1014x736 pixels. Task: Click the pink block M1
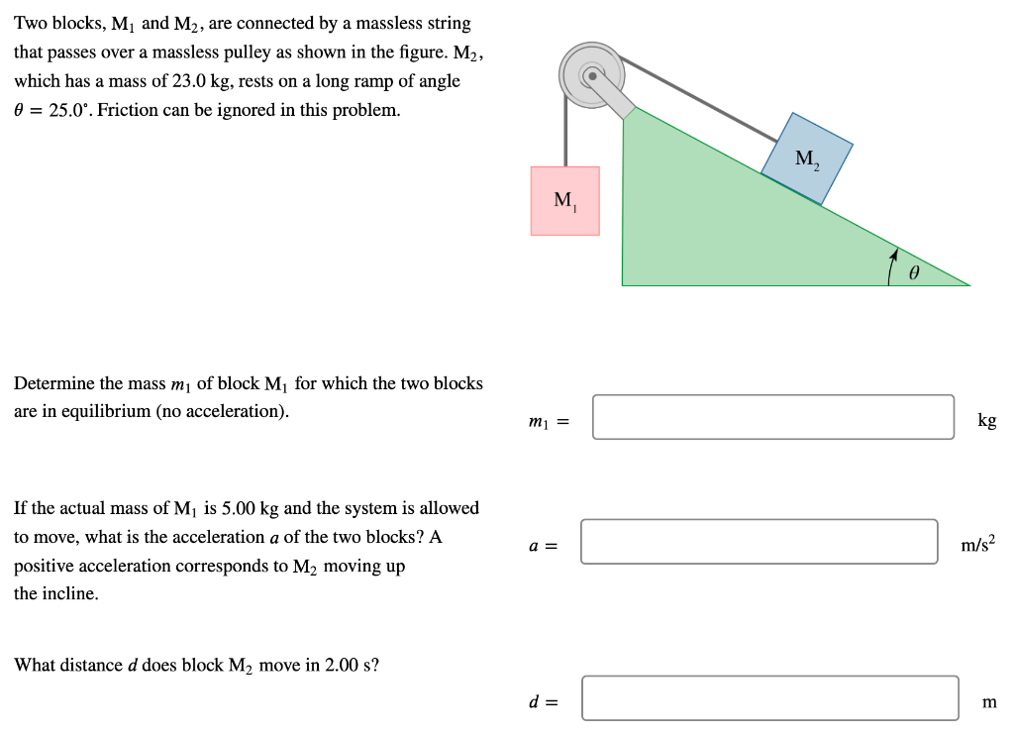coord(564,201)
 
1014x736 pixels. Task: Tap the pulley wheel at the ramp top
coord(591,73)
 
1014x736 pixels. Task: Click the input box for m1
coord(773,417)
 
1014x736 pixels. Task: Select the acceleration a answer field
coord(759,542)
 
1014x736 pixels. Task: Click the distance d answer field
coord(769,698)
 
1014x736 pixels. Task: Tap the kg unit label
coord(986,420)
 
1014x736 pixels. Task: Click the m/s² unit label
coord(978,543)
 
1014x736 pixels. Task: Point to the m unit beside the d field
coord(988,702)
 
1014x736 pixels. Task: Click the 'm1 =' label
coord(549,422)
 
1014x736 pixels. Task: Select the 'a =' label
coord(545,545)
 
